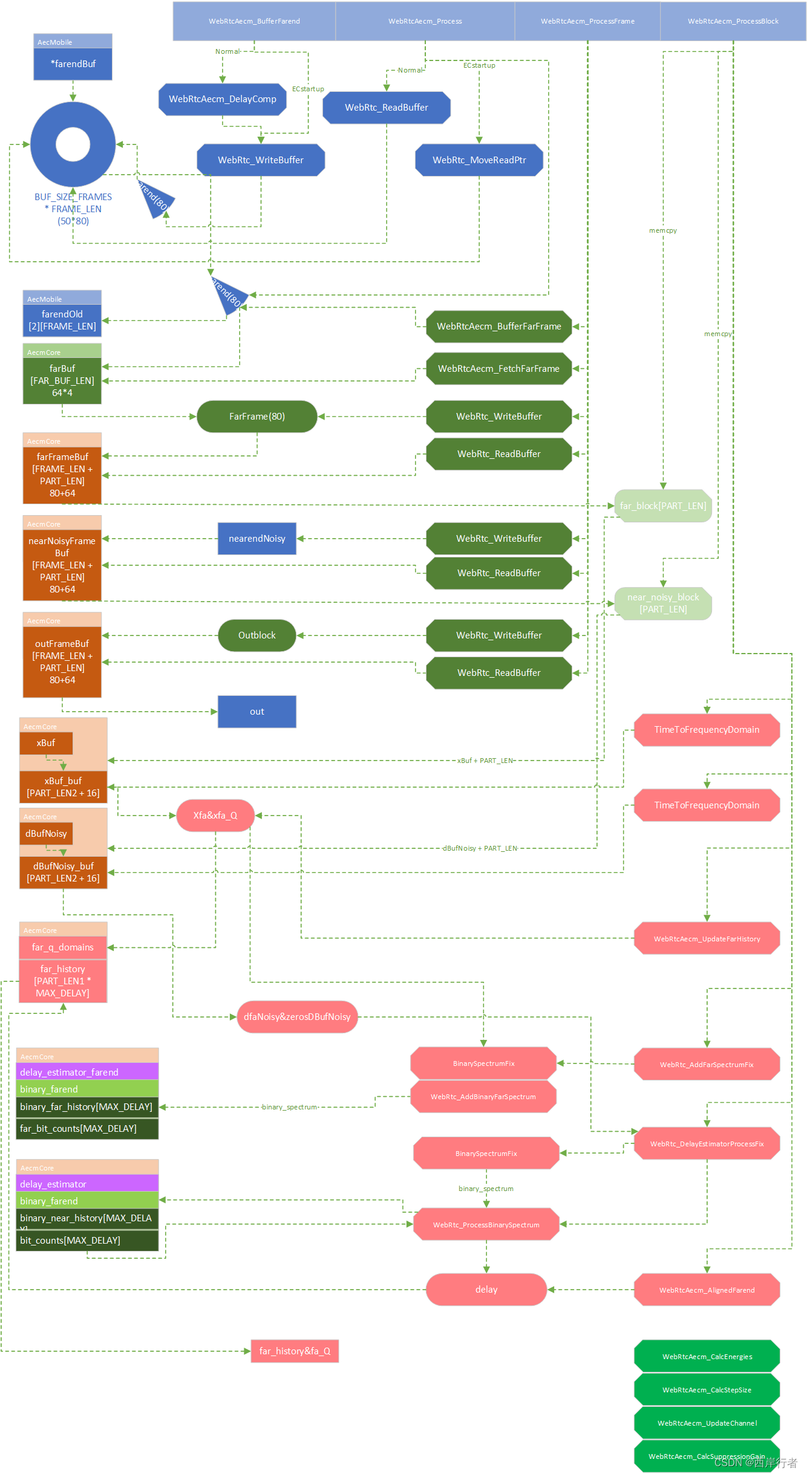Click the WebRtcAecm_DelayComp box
[x=222, y=99]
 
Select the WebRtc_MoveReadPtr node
[x=479, y=160]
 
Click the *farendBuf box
[x=73, y=64]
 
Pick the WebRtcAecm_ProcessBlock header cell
[x=733, y=21]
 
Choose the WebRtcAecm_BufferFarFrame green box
[x=498, y=326]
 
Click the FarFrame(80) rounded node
[x=256, y=417]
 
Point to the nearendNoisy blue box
[x=256, y=539]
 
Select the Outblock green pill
[x=256, y=635]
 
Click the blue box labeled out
[x=256, y=712]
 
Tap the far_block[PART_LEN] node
[x=662, y=506]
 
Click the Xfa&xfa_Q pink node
[x=215, y=816]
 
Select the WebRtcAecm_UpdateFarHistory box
[x=707, y=939]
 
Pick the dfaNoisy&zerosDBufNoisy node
[x=297, y=1017]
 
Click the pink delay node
[x=486, y=1290]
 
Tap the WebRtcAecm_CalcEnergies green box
[x=707, y=1357]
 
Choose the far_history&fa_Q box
[x=295, y=1351]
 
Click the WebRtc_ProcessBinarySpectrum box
[x=486, y=1225]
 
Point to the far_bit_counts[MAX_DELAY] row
[x=87, y=1129]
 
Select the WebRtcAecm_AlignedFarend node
[x=707, y=1290]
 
